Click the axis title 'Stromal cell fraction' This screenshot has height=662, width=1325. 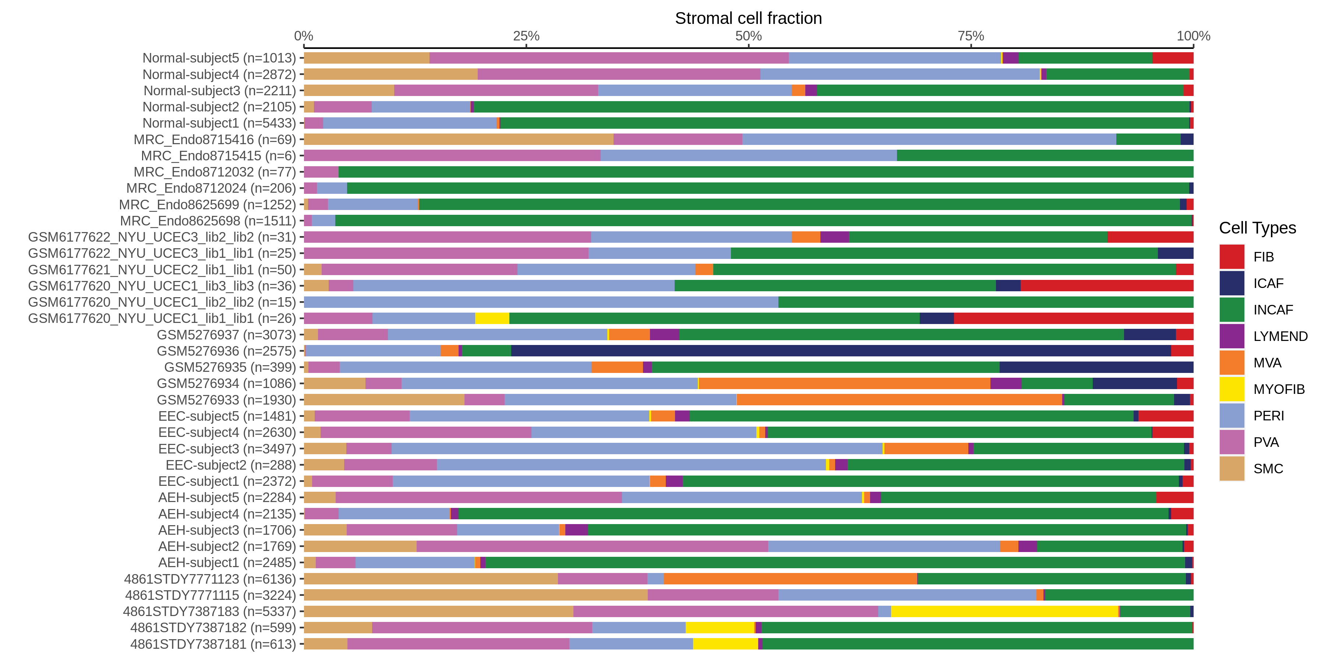748,18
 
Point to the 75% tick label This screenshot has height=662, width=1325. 971,36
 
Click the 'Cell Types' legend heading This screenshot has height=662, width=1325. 1257,228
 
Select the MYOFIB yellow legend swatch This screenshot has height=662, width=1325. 1232,389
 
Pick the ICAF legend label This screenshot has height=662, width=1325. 1268,283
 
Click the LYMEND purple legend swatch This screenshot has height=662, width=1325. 1232,336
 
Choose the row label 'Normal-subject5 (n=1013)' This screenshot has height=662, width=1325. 219,58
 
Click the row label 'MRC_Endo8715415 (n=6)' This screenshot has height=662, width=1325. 219,156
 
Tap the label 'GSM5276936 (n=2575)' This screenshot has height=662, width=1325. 226,351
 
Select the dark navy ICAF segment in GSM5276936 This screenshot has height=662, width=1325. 841,351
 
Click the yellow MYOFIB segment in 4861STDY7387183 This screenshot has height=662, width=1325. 1004,612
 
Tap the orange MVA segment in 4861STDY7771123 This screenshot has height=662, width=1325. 790,579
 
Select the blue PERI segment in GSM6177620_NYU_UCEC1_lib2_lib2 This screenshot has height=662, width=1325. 541,302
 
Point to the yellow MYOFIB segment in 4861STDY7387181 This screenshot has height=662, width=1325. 725,644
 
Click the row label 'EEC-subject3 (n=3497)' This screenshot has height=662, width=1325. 227,449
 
